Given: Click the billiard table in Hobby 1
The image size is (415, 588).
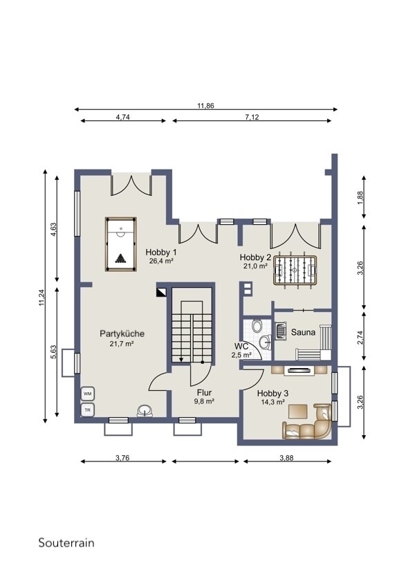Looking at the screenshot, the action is tap(121, 244).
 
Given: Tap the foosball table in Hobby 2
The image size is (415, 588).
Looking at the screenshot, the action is tap(296, 270).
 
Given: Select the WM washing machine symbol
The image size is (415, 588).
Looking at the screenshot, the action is tap(88, 394).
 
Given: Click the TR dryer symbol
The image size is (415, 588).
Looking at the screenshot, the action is tap(88, 410).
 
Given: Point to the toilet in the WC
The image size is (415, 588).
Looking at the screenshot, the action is tap(257, 326).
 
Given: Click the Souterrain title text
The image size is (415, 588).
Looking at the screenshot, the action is tap(66, 542).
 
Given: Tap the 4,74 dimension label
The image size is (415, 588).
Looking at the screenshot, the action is tap(123, 117).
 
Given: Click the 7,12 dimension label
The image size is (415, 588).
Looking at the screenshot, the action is tap(252, 117).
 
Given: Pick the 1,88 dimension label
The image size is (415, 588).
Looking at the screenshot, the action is tap(360, 197).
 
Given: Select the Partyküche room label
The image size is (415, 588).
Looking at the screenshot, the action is tap(122, 333).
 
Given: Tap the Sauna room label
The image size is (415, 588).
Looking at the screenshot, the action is tap(303, 332).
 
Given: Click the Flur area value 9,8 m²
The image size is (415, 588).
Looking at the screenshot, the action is tap(204, 401).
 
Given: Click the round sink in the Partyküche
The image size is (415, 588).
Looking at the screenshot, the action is tap(145, 411).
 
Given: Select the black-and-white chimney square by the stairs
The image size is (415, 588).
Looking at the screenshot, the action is tap(162, 291).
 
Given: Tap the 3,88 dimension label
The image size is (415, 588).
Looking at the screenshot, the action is tap(286, 457).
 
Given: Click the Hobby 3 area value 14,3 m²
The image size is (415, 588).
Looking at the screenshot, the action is tap(273, 402).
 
